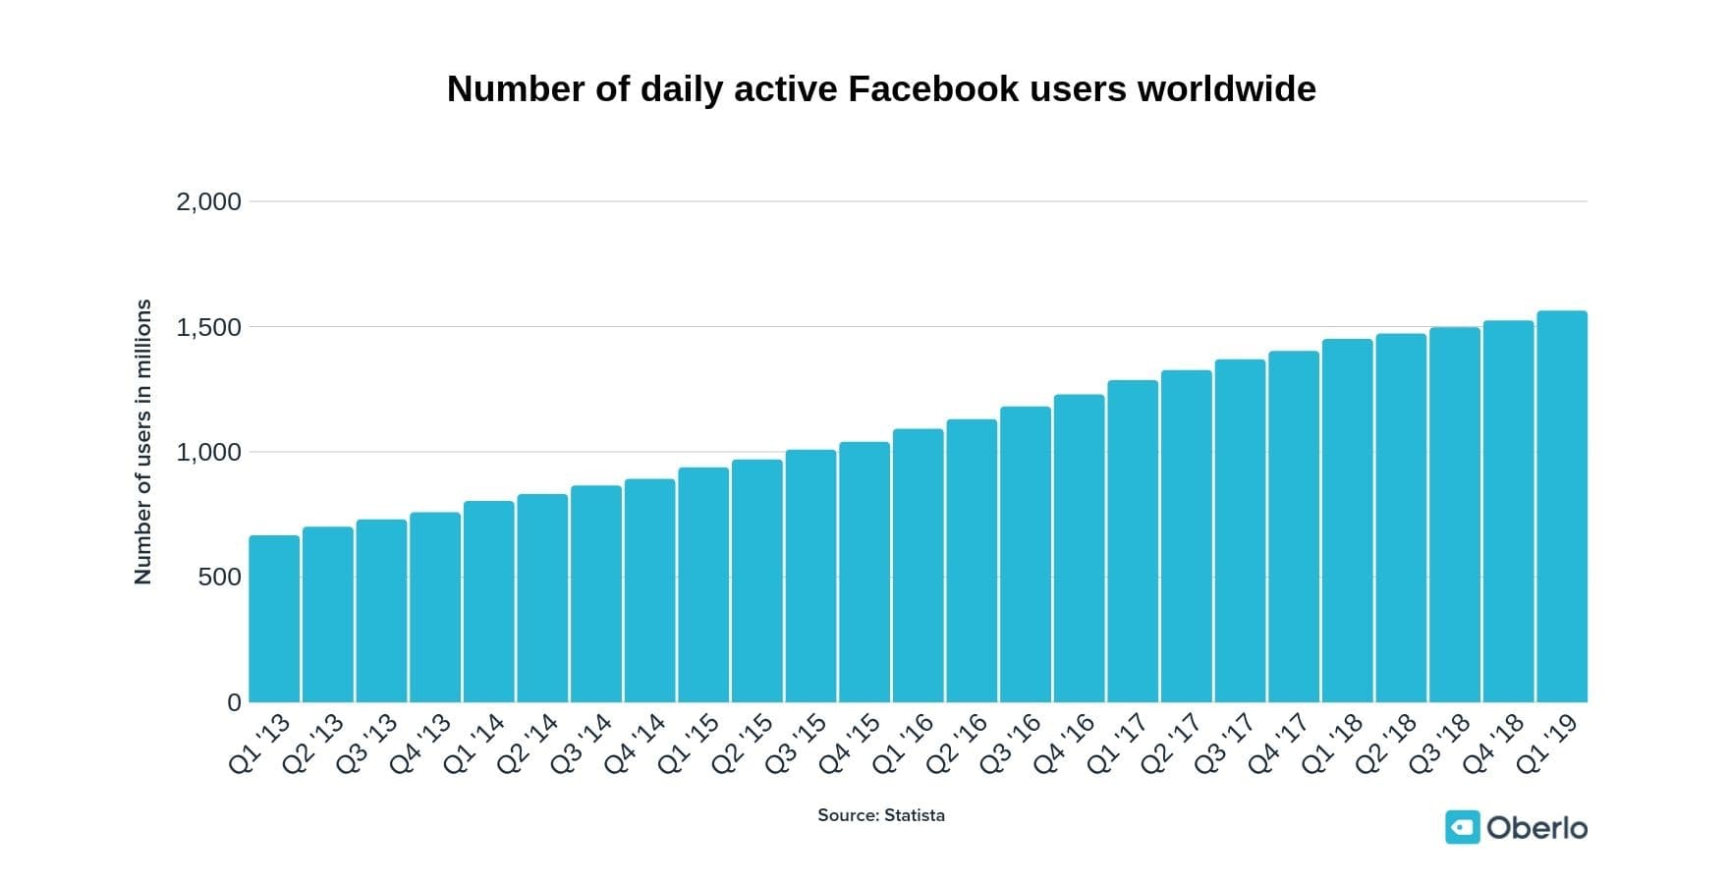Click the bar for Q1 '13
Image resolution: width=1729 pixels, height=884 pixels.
point(274,619)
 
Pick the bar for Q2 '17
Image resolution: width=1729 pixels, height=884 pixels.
point(1187,536)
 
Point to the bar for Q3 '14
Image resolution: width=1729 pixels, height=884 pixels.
point(596,594)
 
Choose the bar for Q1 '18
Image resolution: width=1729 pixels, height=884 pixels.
point(1348,521)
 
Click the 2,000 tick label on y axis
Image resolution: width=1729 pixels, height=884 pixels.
point(208,202)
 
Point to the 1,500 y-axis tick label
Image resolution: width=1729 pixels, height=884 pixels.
point(208,327)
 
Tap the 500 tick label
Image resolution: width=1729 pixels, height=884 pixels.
point(219,578)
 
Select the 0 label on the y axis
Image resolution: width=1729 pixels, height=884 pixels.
point(234,702)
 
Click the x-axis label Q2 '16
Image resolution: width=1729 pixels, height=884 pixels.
point(958,744)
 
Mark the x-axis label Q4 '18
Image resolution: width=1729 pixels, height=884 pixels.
point(1494,744)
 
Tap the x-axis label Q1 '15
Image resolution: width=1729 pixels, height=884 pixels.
point(690,744)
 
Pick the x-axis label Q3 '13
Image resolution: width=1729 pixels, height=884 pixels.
point(367,744)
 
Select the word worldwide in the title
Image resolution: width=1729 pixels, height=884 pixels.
point(1226,89)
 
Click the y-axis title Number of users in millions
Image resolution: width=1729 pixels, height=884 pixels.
point(143,442)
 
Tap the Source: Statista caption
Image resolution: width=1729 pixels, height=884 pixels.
point(881,815)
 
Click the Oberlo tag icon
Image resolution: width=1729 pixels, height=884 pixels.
point(1462,827)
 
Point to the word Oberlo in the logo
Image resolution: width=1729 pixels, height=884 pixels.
point(1536,828)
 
